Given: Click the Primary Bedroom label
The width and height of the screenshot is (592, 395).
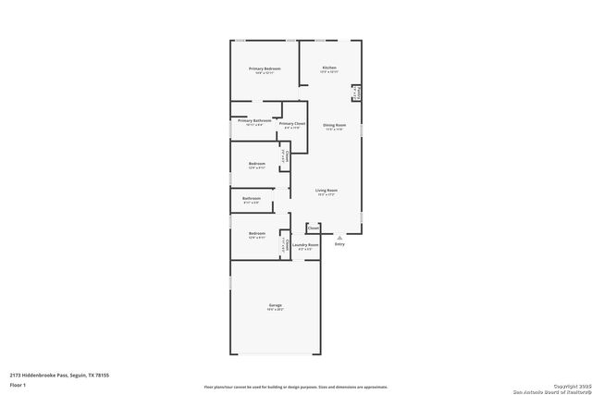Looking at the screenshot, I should (x=265, y=68).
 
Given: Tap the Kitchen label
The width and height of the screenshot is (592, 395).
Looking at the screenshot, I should (x=329, y=68).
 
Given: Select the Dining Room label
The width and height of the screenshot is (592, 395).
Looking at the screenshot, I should (x=335, y=125).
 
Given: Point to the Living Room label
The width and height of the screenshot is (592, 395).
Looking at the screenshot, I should (x=327, y=191).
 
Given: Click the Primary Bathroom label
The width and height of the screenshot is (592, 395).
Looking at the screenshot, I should (x=253, y=120).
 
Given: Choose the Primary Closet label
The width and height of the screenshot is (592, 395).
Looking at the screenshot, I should (x=292, y=123).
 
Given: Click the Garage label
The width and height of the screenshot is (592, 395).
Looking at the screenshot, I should (x=276, y=305).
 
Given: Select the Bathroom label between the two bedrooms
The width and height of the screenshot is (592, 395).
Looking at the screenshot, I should (x=252, y=198).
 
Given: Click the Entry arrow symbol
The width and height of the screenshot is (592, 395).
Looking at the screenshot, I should (x=339, y=237).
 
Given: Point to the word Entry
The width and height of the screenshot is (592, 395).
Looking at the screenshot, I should (x=339, y=244).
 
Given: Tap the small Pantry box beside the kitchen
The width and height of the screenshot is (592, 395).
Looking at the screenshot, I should (x=355, y=93).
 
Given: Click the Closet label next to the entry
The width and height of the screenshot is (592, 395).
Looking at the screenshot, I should (x=314, y=227).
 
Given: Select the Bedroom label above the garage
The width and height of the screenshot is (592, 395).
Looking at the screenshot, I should (x=256, y=233).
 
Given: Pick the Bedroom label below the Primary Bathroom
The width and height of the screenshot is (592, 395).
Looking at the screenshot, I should (x=256, y=164).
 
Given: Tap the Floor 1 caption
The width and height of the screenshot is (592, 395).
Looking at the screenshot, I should (x=18, y=384).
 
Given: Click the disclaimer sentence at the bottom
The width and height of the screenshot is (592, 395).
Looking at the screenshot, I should (x=296, y=387).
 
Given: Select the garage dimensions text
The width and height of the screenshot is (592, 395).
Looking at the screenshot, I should (x=276, y=311).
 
